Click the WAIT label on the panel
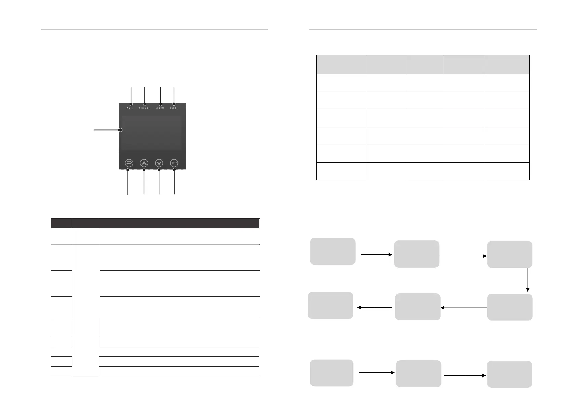point(130,108)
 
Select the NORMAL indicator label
point(145,108)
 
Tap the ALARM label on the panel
point(160,108)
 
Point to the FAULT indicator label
point(174,108)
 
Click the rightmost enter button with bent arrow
point(174,163)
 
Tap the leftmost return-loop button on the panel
point(129,163)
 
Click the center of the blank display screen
point(151,132)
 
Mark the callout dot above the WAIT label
point(131,104)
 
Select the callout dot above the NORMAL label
point(145,104)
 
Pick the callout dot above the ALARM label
point(160,104)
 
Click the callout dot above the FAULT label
point(174,104)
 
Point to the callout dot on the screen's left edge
point(121,130)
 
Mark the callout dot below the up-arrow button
point(144,169)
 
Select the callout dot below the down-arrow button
point(159,169)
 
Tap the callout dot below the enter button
point(174,169)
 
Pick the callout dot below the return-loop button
point(128,169)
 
